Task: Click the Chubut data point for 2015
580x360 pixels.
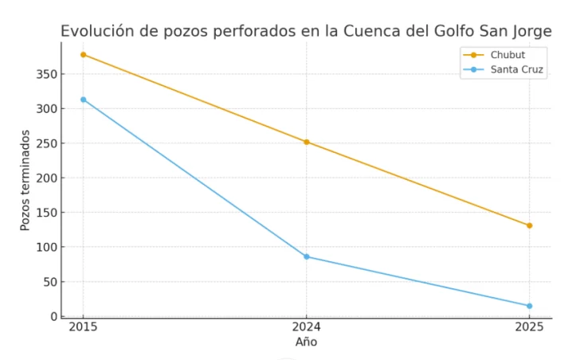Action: click(83, 54)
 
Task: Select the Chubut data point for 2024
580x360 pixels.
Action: click(306, 142)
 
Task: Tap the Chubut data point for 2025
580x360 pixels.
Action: click(529, 225)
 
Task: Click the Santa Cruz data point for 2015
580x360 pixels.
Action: click(83, 100)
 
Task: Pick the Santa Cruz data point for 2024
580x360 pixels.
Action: click(306, 256)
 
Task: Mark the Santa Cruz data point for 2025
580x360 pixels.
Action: click(529, 306)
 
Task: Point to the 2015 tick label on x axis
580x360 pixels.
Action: click(83, 327)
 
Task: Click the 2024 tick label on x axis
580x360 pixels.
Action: click(306, 327)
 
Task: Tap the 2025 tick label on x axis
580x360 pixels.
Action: click(529, 327)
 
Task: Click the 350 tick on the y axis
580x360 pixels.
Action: click(46, 74)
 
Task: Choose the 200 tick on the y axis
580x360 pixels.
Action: click(46, 178)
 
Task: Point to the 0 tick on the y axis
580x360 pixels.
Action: click(53, 316)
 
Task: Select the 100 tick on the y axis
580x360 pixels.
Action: click(46, 247)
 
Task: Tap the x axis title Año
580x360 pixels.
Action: click(306, 342)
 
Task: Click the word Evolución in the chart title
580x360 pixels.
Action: click(94, 32)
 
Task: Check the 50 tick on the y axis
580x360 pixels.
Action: click(49, 282)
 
